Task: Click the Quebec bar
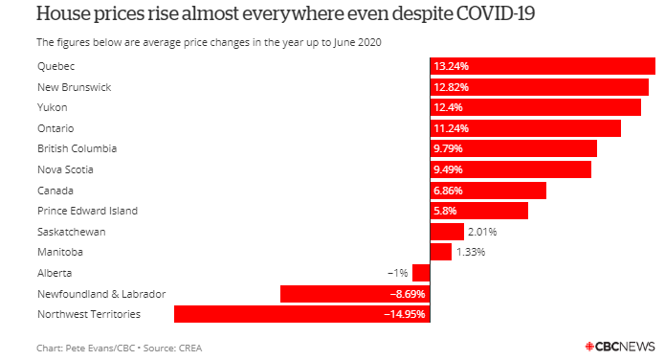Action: click(543, 66)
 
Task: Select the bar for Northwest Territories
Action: click(302, 314)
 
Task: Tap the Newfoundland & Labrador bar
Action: click(355, 294)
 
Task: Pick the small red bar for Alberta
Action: click(421, 273)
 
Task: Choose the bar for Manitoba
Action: click(441, 252)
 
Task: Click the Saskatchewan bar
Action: click(447, 232)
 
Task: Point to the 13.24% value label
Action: click(452, 66)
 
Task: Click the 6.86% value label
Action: click(448, 191)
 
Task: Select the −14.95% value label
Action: click(404, 314)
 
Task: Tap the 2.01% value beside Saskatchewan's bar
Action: click(482, 232)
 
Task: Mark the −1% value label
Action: click(398, 273)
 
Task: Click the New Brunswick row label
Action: click(75, 87)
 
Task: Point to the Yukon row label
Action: click(53, 107)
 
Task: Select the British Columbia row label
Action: click(77, 148)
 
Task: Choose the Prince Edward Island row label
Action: click(87, 211)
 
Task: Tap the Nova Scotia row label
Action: click(65, 169)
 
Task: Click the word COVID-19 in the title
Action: click(496, 13)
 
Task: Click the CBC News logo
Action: click(620, 347)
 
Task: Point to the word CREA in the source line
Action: click(190, 349)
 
